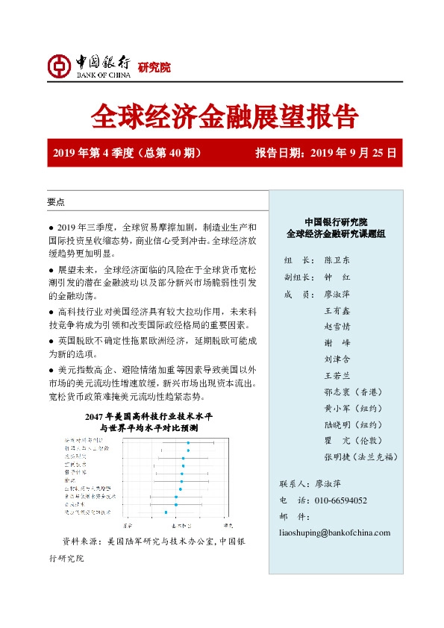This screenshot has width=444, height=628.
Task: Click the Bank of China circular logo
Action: click(58, 66)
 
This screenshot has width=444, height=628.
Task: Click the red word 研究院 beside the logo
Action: click(154, 68)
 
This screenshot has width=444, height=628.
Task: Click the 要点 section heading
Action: click(56, 202)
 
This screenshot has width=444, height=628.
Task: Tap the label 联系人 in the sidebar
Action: click(292, 484)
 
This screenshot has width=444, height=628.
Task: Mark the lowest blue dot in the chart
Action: click(166, 512)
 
